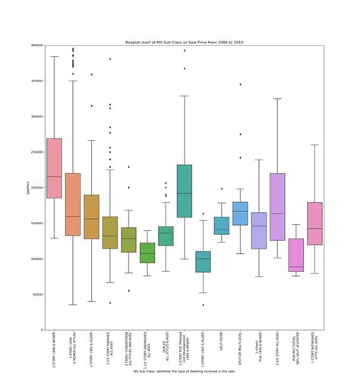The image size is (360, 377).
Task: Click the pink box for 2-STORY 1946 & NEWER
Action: (54, 168)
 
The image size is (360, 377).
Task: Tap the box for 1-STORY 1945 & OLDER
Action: (202, 261)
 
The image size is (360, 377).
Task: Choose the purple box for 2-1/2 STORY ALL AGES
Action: (276, 207)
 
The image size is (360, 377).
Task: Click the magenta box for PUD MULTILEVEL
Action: (295, 255)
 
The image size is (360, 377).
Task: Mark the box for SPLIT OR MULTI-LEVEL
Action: (240, 213)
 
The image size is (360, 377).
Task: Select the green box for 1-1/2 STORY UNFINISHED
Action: (147, 252)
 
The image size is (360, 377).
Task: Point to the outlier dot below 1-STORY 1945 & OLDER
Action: (202, 305)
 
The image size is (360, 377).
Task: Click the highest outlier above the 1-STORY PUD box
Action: (184, 50)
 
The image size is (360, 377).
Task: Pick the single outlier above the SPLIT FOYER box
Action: (221, 188)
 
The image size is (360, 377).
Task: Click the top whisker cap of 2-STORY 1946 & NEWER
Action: (54, 56)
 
